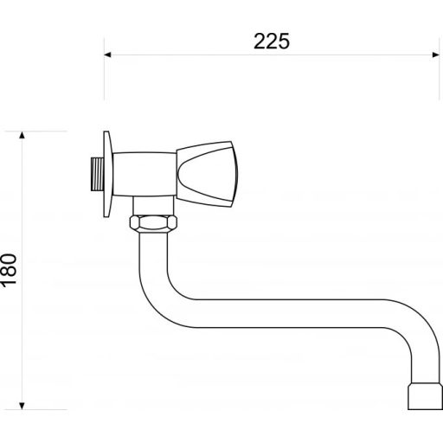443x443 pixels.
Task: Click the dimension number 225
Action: (270, 40)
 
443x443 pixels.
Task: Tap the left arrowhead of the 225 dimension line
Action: (109, 55)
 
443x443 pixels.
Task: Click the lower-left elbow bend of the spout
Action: (156, 303)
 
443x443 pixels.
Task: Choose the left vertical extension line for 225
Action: (105, 78)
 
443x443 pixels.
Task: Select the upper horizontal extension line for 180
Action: (43, 132)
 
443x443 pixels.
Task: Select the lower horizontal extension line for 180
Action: (43, 408)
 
